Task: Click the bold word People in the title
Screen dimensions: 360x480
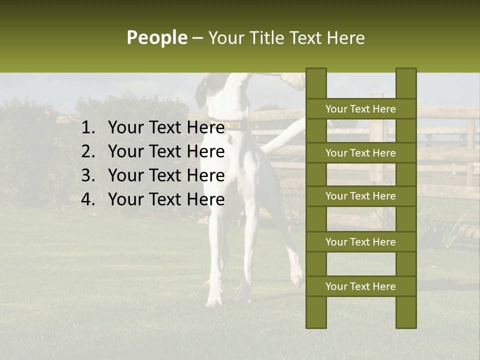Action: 156,37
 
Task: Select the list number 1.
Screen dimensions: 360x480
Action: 87,128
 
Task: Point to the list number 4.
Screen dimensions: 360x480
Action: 87,199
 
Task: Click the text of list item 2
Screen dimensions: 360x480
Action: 166,151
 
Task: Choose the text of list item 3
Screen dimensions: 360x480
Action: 166,175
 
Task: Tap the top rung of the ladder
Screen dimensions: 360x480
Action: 360,109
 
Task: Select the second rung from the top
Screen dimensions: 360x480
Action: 360,153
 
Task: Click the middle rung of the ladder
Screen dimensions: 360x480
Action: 360,196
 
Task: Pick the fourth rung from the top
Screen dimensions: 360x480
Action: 360,242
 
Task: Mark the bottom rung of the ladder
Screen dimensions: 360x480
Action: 360,286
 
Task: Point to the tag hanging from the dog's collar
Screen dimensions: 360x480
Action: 227,135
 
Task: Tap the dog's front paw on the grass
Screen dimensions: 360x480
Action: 214,300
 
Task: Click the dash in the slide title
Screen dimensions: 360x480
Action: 197,38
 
